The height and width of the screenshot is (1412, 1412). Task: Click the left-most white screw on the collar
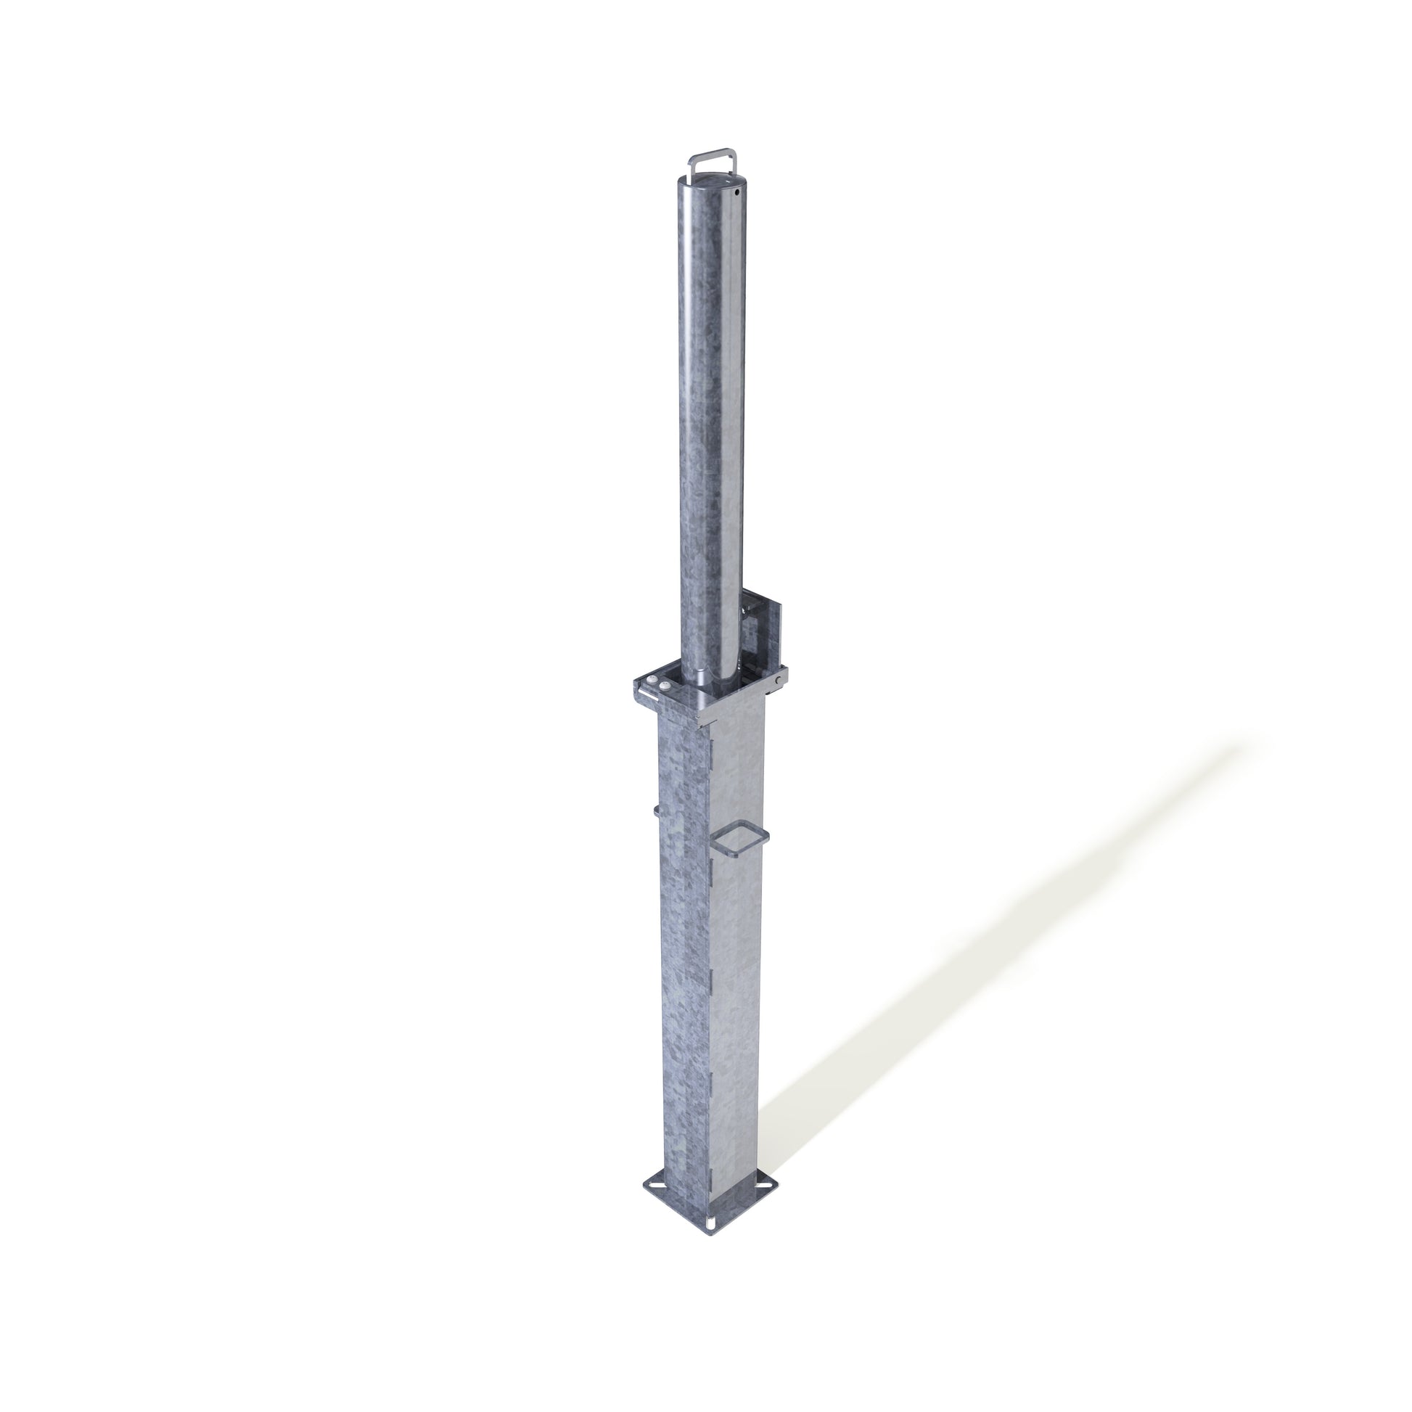point(651,678)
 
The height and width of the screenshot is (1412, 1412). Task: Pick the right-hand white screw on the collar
point(665,686)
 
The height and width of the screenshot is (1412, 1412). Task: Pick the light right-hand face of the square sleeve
point(738,987)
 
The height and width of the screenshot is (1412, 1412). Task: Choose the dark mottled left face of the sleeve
point(684,987)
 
